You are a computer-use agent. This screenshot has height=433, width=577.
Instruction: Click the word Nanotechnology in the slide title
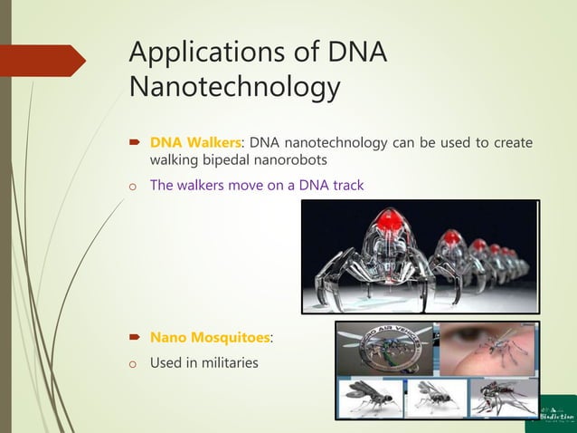(235, 89)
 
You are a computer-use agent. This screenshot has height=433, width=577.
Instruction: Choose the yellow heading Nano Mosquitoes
(210, 338)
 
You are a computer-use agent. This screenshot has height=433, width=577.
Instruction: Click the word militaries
(229, 363)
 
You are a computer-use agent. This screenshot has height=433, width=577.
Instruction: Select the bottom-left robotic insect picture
(371, 397)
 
